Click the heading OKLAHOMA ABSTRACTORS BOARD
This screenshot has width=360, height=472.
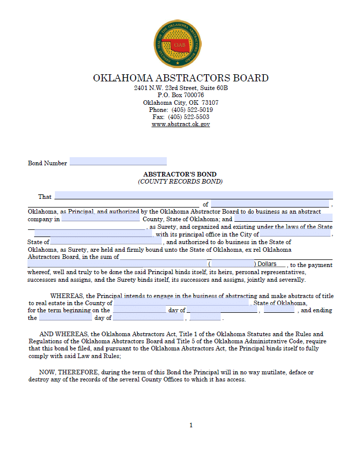[181, 78]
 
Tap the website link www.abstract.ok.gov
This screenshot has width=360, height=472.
[181, 124]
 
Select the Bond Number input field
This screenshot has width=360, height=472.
[118, 162]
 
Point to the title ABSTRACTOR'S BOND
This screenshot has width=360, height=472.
[180, 174]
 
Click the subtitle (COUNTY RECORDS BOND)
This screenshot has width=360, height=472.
[180, 181]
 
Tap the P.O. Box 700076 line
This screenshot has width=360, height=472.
[181, 95]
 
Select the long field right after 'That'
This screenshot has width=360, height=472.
[193, 195]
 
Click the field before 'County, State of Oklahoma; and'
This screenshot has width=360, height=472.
[100, 219]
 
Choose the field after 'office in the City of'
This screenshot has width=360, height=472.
[295, 234]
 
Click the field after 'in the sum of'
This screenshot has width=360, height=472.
[226, 256]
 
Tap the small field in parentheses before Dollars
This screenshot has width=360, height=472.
[232, 264]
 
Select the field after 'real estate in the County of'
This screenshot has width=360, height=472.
[181, 303]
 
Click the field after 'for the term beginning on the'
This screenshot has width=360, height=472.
[139, 310]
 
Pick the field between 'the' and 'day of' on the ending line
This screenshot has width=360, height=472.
[66, 317]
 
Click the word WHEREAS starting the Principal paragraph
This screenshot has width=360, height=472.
[67, 296]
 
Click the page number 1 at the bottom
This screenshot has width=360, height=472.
[191, 425]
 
